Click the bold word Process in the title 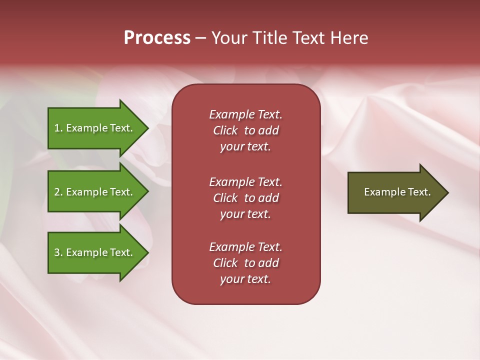pos(157,38)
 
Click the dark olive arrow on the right pos(395,192)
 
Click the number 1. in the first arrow pos(58,128)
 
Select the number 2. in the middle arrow pos(58,192)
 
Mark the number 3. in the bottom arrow pos(58,252)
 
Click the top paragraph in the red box pos(245,130)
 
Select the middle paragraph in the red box pos(245,198)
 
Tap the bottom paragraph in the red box pos(245,263)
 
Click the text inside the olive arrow pos(397,192)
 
